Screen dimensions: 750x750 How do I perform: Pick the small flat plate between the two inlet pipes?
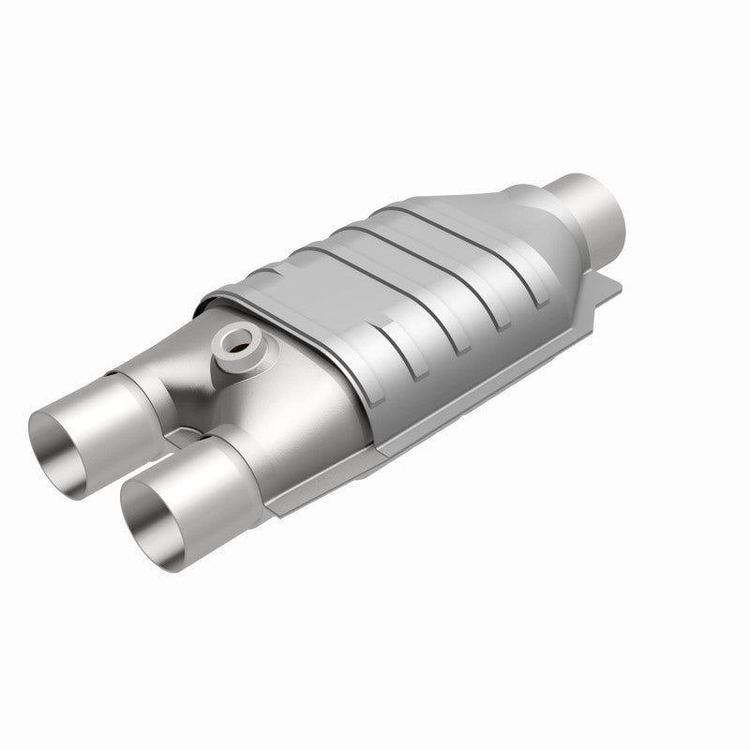tap(193, 433)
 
